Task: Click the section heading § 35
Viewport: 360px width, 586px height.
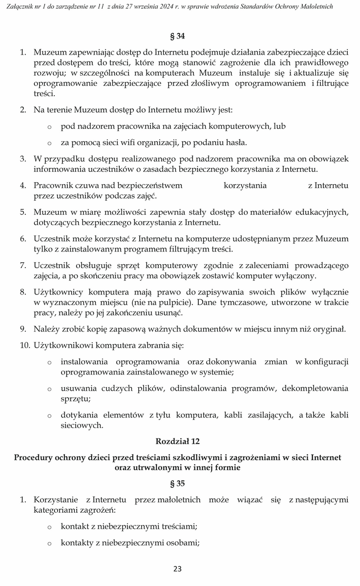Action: [x=177, y=483]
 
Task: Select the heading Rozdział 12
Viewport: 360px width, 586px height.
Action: [x=177, y=441]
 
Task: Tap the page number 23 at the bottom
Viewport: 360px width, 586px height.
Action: [x=177, y=568]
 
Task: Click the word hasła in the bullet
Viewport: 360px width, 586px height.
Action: [x=235, y=143]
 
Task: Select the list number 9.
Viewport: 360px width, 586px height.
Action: [x=23, y=329]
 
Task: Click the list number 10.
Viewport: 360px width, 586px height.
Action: [x=24, y=345]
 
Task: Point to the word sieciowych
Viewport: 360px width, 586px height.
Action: [x=82, y=425]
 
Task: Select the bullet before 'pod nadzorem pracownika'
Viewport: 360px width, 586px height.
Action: [x=49, y=126]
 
